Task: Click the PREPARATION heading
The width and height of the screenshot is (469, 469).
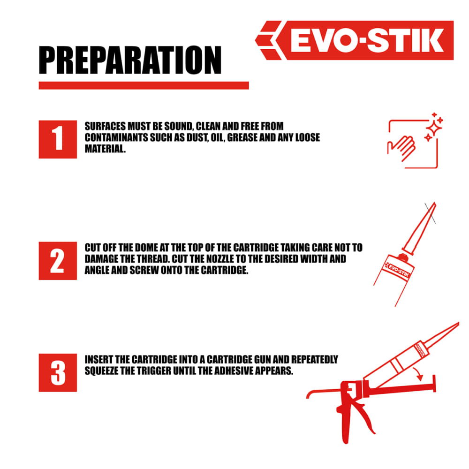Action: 130,60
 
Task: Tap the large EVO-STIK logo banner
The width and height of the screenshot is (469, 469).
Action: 355,40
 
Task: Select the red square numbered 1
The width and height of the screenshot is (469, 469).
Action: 58,139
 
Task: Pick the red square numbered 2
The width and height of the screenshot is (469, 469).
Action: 58,261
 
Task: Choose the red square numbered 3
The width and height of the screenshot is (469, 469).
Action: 58,373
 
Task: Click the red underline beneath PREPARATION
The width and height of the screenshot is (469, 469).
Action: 144,85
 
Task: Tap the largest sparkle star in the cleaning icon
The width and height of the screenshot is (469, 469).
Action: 434,128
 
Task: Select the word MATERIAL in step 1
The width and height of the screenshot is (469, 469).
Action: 105,149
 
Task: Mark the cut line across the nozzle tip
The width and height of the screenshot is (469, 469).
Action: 430,213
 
